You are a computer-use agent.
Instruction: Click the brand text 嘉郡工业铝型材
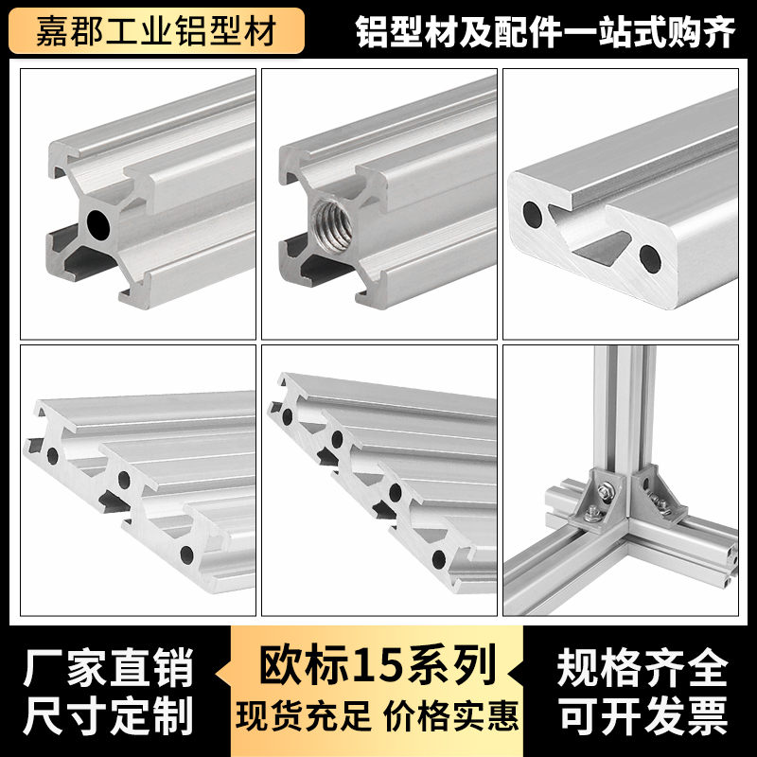click(155, 32)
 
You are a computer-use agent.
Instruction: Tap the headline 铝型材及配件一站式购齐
click(546, 32)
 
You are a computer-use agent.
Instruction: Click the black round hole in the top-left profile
click(97, 223)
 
